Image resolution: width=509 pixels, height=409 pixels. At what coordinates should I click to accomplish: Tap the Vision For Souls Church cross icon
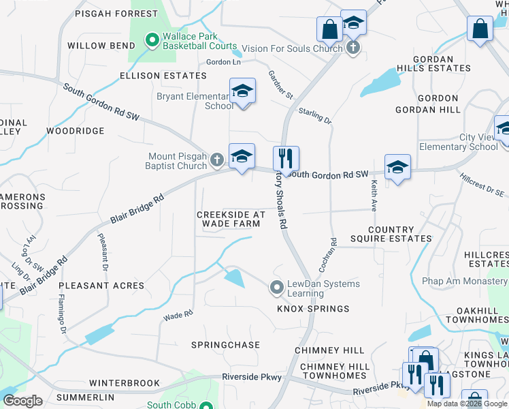(352, 48)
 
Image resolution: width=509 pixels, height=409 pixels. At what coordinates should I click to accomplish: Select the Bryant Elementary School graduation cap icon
(242, 92)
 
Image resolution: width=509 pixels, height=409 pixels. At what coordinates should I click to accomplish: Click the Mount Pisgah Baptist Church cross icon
(217, 160)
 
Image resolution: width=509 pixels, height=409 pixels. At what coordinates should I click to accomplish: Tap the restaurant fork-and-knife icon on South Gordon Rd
(286, 159)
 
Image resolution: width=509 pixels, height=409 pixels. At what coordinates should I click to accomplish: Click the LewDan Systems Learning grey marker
(276, 288)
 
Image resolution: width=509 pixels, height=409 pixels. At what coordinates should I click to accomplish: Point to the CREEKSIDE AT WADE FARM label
(231, 219)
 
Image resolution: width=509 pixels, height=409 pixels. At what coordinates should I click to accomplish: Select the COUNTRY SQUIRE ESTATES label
(400, 234)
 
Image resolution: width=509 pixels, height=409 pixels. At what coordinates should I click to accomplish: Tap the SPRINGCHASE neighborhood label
(225, 345)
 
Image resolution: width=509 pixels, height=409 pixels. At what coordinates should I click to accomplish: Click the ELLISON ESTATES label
(153, 75)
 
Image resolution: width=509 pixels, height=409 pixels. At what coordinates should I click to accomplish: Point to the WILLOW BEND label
(96, 46)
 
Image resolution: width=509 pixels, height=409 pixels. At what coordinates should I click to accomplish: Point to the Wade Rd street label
(178, 315)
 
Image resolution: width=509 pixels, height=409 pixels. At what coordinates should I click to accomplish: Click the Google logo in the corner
(22, 401)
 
